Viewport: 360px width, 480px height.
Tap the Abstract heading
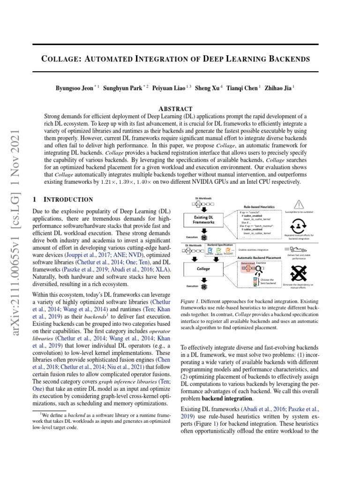pyautogui.click(x=175, y=108)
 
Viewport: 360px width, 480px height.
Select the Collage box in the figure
pyautogui.click(x=203, y=269)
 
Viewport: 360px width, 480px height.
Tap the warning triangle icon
pyautogui.click(x=299, y=203)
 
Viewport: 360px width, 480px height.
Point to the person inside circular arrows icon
pyautogui.click(x=299, y=225)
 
